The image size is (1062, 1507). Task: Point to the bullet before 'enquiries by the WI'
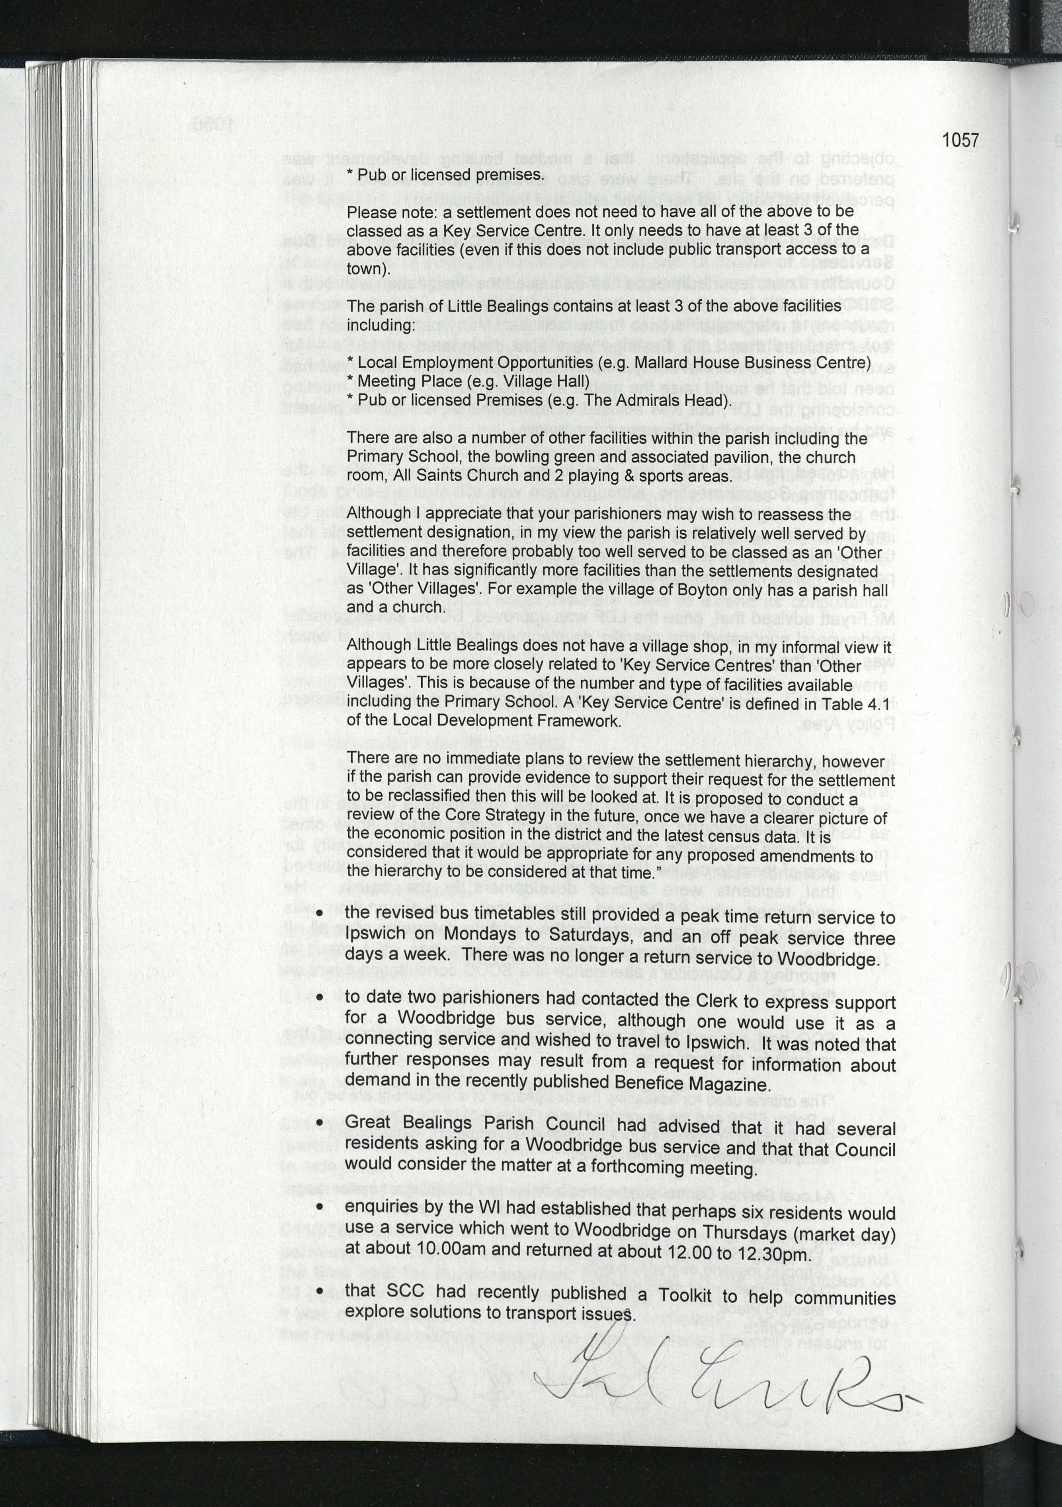320,1207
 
